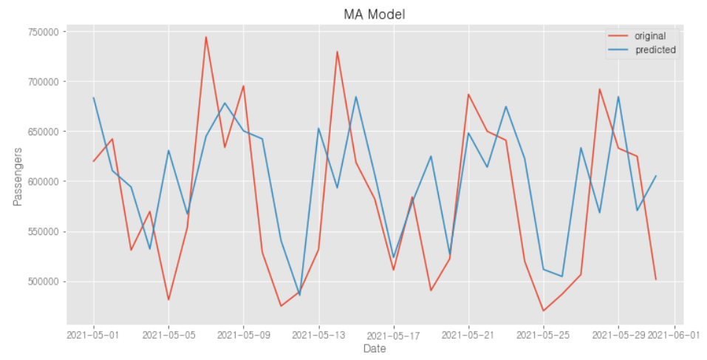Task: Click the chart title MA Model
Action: tap(375, 15)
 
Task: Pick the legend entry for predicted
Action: tap(651, 50)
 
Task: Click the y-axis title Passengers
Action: tap(18, 176)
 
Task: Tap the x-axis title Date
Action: tap(375, 347)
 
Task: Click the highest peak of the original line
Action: tap(206, 37)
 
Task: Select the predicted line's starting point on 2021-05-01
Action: tap(94, 98)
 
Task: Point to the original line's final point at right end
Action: tap(656, 279)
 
